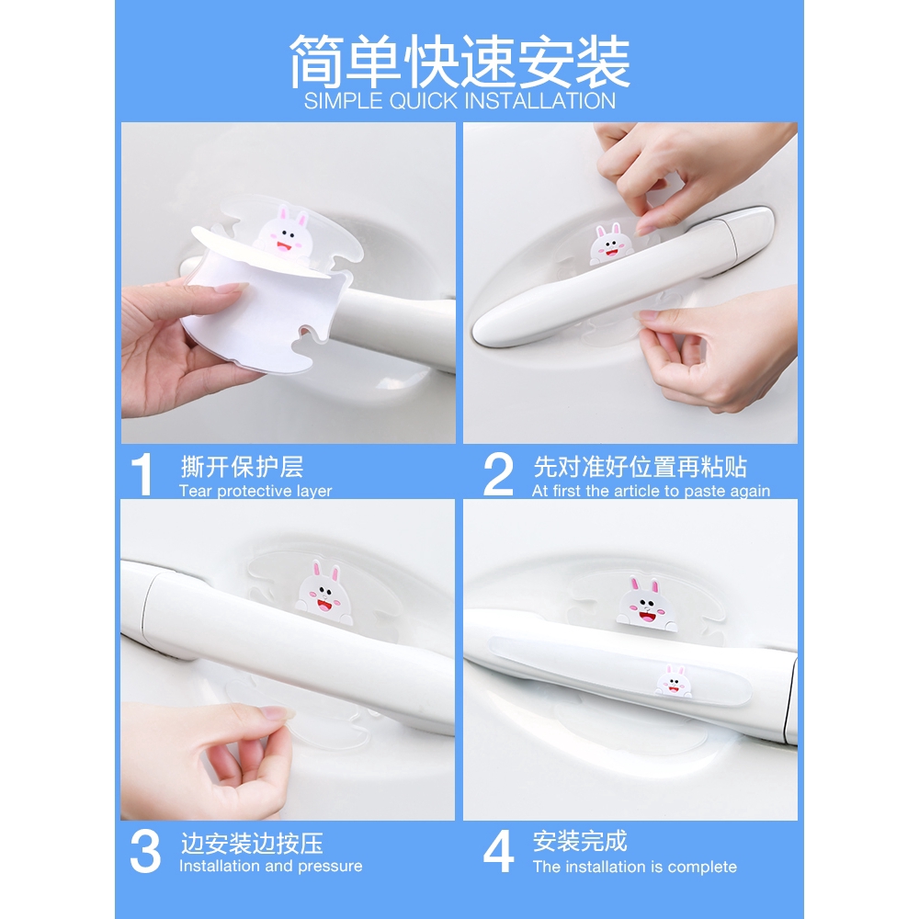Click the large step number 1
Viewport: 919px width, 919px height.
tap(142, 474)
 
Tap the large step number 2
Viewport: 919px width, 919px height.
tap(497, 474)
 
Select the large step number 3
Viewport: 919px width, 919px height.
tap(145, 851)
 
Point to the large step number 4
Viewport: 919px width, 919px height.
tap(498, 851)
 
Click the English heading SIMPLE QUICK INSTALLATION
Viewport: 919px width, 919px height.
tap(459, 101)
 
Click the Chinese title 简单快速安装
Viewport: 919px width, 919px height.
tap(459, 62)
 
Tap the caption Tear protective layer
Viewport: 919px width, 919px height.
tap(255, 491)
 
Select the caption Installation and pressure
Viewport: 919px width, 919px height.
tap(271, 866)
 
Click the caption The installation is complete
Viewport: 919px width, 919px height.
tap(635, 867)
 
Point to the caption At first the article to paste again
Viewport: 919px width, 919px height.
tap(652, 491)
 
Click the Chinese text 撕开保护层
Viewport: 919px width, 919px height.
tap(242, 467)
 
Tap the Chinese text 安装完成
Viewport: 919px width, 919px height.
tap(580, 842)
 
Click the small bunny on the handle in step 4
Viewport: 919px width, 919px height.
tap(673, 680)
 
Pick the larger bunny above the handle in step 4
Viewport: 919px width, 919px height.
tap(646, 606)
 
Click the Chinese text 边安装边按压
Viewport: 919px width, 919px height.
tap(252, 844)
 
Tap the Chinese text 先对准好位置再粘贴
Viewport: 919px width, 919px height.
tap(640, 467)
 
